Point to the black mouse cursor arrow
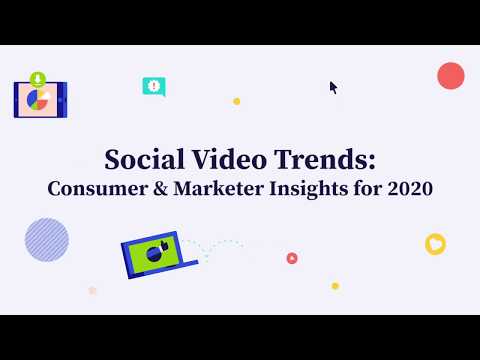coord(334,87)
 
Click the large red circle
coord(451,75)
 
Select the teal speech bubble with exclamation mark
coord(153,87)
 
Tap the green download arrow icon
coord(37,78)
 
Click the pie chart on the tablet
coord(39,100)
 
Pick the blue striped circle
coord(47,240)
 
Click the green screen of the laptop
coord(152,255)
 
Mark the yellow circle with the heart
coord(435,244)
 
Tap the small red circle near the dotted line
coord(292,258)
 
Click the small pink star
coord(92,290)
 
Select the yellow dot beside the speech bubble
coord(236,101)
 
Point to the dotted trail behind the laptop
coord(220,243)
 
